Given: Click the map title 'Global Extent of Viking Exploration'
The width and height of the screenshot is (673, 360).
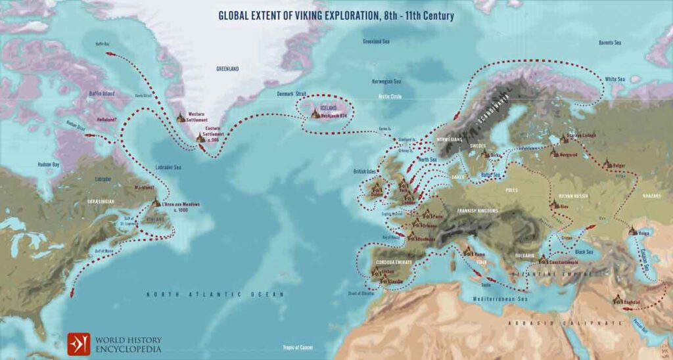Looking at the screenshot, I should [x=336, y=14].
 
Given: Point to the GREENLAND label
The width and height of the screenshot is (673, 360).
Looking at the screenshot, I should [x=227, y=68].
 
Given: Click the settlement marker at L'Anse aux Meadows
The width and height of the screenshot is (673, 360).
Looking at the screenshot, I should [x=156, y=204].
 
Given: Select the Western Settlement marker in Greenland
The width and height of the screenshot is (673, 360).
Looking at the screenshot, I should [x=180, y=118].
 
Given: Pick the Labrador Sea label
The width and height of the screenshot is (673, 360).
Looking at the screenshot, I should [x=168, y=167].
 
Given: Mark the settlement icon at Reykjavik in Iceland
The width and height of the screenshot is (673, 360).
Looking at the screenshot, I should [x=315, y=114].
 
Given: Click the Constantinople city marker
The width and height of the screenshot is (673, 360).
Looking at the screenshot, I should [x=543, y=260].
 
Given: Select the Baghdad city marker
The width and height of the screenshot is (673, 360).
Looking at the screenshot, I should [x=617, y=301].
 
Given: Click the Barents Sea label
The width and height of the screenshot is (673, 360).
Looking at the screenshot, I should [x=609, y=43].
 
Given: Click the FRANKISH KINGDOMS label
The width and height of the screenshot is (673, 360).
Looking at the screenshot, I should [x=473, y=211].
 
